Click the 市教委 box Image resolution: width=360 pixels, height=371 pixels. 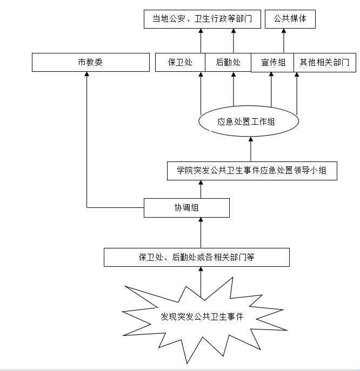(x=90, y=62)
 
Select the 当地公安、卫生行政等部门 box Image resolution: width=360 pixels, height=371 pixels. (x=203, y=19)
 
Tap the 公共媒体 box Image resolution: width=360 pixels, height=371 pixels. (x=290, y=19)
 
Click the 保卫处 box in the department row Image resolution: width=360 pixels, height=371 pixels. (x=181, y=62)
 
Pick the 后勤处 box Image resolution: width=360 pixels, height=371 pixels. (x=228, y=62)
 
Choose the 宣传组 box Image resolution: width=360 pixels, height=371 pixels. (x=272, y=62)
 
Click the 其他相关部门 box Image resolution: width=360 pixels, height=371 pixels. (x=325, y=62)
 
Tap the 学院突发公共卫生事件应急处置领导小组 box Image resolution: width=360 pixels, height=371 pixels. (x=252, y=171)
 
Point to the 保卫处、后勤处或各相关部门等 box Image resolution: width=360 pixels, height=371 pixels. (x=197, y=257)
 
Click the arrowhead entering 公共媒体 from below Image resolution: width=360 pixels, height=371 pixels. (x=283, y=32)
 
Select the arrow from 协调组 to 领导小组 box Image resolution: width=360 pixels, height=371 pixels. (x=201, y=189)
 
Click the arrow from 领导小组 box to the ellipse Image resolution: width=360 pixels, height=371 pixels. (x=250, y=149)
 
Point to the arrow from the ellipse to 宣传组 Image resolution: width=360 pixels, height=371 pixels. (x=271, y=89)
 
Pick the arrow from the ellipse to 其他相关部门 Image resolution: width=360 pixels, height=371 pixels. (x=297, y=92)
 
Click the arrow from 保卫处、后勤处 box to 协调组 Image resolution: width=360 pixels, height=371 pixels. (x=201, y=232)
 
